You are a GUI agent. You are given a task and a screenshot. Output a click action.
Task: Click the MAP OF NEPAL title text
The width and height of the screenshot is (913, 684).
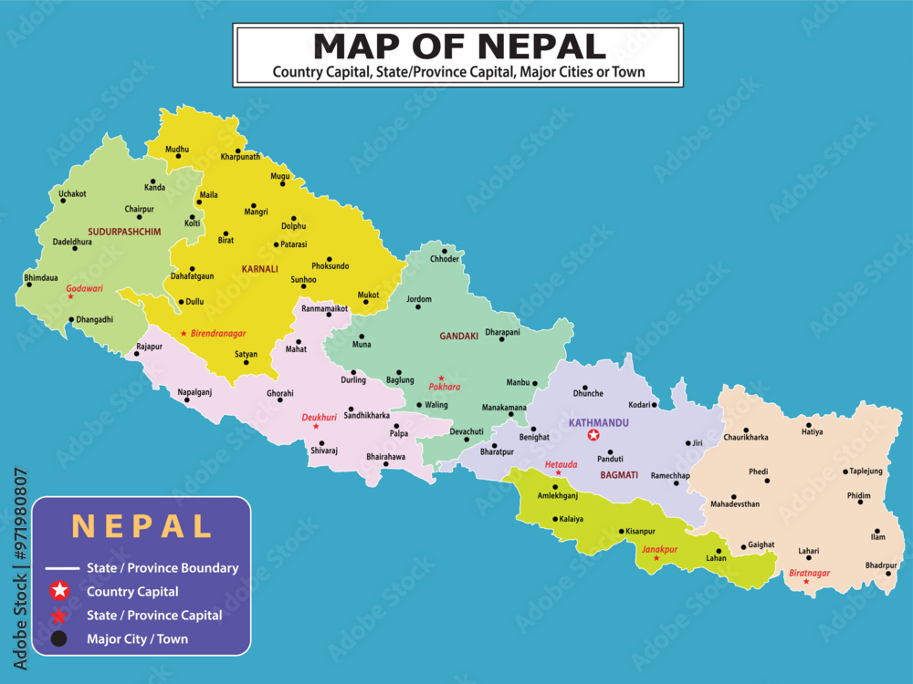pyautogui.click(x=459, y=46)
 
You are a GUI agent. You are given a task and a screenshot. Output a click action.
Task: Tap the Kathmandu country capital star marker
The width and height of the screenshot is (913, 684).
pyautogui.click(x=594, y=435)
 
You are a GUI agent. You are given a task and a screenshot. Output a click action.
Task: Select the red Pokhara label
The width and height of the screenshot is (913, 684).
pyautogui.click(x=445, y=387)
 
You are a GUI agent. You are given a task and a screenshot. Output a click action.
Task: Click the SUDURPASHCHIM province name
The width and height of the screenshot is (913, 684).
pyautogui.click(x=125, y=232)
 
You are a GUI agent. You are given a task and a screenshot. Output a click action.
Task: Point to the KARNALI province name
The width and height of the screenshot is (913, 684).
pyautogui.click(x=260, y=269)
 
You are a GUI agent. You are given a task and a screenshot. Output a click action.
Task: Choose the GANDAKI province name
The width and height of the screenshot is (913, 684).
pyautogui.click(x=459, y=336)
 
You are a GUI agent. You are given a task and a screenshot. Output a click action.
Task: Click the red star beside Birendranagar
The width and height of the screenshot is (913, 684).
pyautogui.click(x=184, y=334)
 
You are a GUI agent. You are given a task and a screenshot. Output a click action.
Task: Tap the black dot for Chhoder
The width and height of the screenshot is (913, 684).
pyautogui.click(x=445, y=250)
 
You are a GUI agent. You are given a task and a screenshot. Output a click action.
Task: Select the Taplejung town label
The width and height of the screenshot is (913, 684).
pyautogui.click(x=866, y=472)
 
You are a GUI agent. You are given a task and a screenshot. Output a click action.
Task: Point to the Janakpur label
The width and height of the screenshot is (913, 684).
pyautogui.click(x=659, y=549)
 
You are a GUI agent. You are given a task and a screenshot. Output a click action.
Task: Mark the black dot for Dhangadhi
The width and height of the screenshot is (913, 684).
pyautogui.click(x=70, y=319)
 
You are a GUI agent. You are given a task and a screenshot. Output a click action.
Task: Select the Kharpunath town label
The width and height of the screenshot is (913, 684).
pyautogui.click(x=240, y=157)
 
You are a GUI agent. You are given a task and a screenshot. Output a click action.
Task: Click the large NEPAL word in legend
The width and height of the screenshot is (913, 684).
pyautogui.click(x=142, y=526)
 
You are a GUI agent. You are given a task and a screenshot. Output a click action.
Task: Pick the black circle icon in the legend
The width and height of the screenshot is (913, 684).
pyautogui.click(x=58, y=639)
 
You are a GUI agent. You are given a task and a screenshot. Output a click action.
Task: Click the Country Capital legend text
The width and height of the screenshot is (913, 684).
pyautogui.click(x=132, y=592)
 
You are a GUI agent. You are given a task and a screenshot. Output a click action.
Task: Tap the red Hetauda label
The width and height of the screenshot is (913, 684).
pyautogui.click(x=561, y=464)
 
